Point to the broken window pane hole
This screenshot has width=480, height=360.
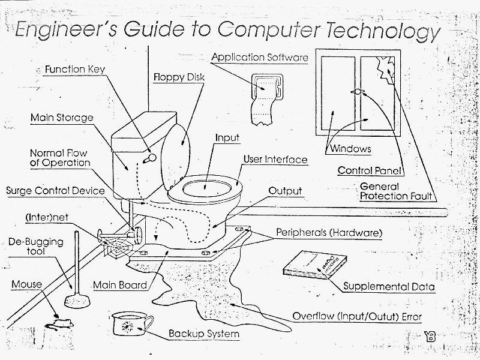384,75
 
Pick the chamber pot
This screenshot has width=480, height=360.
128,324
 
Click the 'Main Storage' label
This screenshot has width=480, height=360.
62,117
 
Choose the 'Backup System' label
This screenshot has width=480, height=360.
203,334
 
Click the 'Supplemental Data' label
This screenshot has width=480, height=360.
389,287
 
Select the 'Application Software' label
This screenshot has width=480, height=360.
260,58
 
